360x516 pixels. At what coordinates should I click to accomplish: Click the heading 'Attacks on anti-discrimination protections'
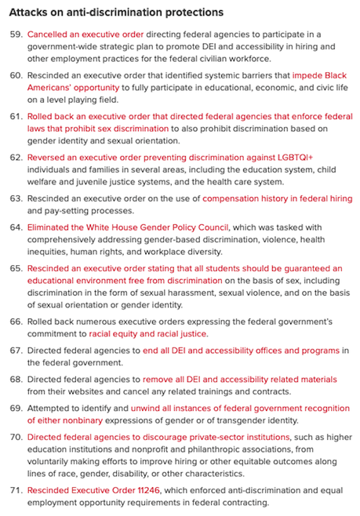pyautogui.click(x=117, y=13)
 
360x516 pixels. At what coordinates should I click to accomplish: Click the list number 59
pyautogui.click(x=16, y=35)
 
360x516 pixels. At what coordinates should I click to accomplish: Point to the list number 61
pyautogui.click(x=16, y=116)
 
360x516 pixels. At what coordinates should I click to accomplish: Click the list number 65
pyautogui.click(x=16, y=268)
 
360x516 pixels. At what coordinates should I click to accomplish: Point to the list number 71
pyautogui.click(x=16, y=490)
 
